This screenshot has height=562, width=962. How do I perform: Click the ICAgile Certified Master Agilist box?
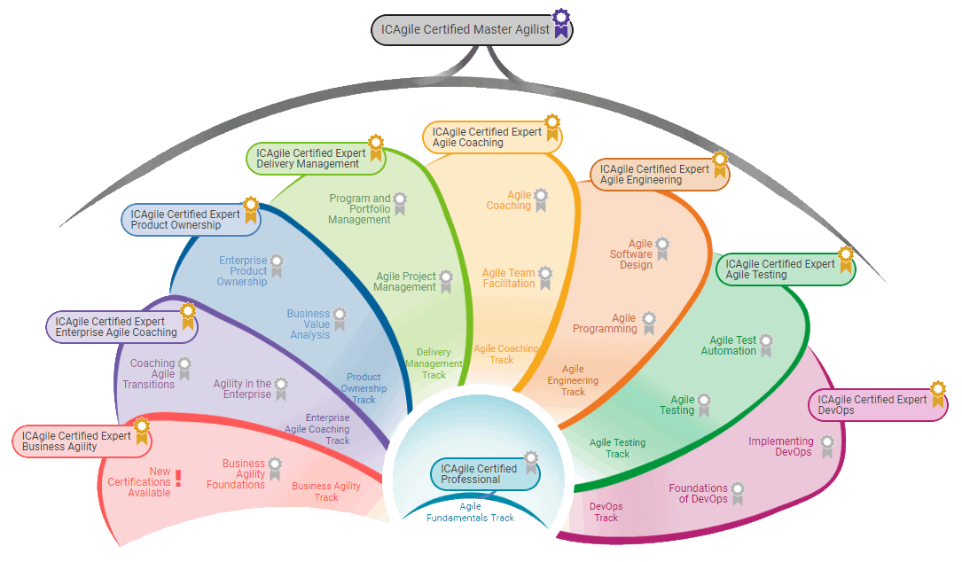tap(465, 29)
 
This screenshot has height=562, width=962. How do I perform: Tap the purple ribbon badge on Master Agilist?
tap(560, 23)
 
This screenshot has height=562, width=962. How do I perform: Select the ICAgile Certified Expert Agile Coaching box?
tap(487, 137)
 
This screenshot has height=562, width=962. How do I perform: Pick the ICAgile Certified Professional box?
tap(479, 474)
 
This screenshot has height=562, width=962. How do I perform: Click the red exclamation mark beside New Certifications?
tap(178, 479)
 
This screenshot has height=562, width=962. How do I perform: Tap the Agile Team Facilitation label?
tap(508, 278)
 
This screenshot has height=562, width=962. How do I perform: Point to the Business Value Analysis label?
tap(309, 324)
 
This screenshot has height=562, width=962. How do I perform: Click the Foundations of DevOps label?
tap(698, 494)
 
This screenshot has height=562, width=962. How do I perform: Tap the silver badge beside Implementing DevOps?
tap(827, 446)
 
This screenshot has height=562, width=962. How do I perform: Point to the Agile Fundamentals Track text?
tap(470, 512)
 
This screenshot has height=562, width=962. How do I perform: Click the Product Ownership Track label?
tap(364, 388)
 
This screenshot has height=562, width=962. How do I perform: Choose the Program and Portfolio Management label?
tap(359, 209)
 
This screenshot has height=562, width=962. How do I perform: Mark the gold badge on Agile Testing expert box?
tap(846, 260)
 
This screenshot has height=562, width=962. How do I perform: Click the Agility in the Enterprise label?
tap(242, 389)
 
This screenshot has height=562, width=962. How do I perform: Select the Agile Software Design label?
tap(630, 254)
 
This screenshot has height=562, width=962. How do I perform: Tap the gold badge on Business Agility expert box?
tap(140, 433)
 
